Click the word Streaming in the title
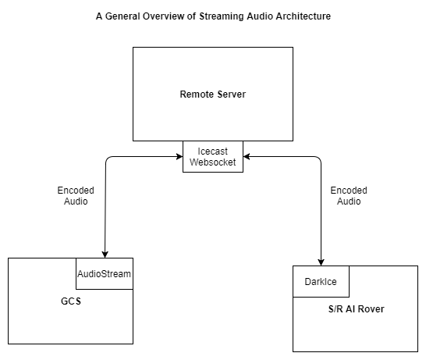(x=222, y=16)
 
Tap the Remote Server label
(x=213, y=94)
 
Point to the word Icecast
(x=212, y=151)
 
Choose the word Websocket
(x=213, y=162)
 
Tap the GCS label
(x=71, y=301)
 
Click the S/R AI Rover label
(x=357, y=309)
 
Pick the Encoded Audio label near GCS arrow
(x=76, y=196)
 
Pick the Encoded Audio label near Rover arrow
(x=349, y=196)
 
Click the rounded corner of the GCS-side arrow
(x=108, y=159)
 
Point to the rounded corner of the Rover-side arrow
(x=319, y=159)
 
